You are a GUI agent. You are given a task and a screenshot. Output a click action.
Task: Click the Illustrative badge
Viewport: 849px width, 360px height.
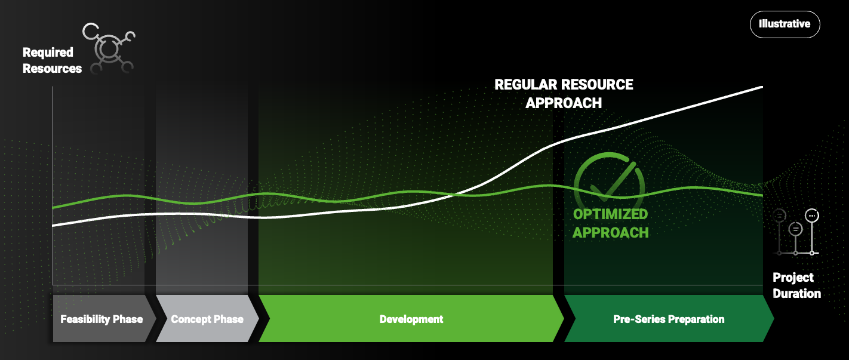(785, 24)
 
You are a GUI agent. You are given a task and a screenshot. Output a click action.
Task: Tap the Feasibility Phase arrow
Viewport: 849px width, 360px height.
(102, 319)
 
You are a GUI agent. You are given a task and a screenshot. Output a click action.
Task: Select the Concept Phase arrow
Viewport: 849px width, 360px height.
(207, 319)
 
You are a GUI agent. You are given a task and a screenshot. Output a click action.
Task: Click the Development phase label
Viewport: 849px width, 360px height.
(411, 319)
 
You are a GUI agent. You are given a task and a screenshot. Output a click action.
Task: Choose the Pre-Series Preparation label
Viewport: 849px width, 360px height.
(669, 319)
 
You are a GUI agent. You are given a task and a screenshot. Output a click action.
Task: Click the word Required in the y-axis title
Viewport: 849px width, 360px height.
(48, 53)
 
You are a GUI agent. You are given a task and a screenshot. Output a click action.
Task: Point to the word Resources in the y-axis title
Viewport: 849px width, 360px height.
(53, 69)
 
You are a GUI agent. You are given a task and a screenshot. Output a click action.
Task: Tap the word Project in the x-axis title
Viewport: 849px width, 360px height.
(793, 278)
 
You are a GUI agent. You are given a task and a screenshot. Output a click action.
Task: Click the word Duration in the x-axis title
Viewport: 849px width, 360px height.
(796, 293)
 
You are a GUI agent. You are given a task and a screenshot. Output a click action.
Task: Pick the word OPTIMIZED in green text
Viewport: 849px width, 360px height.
(610, 214)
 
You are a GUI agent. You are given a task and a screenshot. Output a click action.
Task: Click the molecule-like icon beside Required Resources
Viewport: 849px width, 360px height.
(109, 48)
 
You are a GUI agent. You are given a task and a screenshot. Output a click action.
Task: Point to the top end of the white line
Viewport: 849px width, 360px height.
(762, 87)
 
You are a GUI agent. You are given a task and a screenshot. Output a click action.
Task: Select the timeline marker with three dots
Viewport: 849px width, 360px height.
(812, 216)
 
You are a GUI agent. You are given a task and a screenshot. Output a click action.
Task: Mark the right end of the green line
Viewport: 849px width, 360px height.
(762, 196)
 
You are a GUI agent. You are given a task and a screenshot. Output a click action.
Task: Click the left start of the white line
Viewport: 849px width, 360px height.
(53, 226)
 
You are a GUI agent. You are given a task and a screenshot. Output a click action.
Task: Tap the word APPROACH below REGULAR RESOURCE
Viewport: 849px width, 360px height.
(564, 103)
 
